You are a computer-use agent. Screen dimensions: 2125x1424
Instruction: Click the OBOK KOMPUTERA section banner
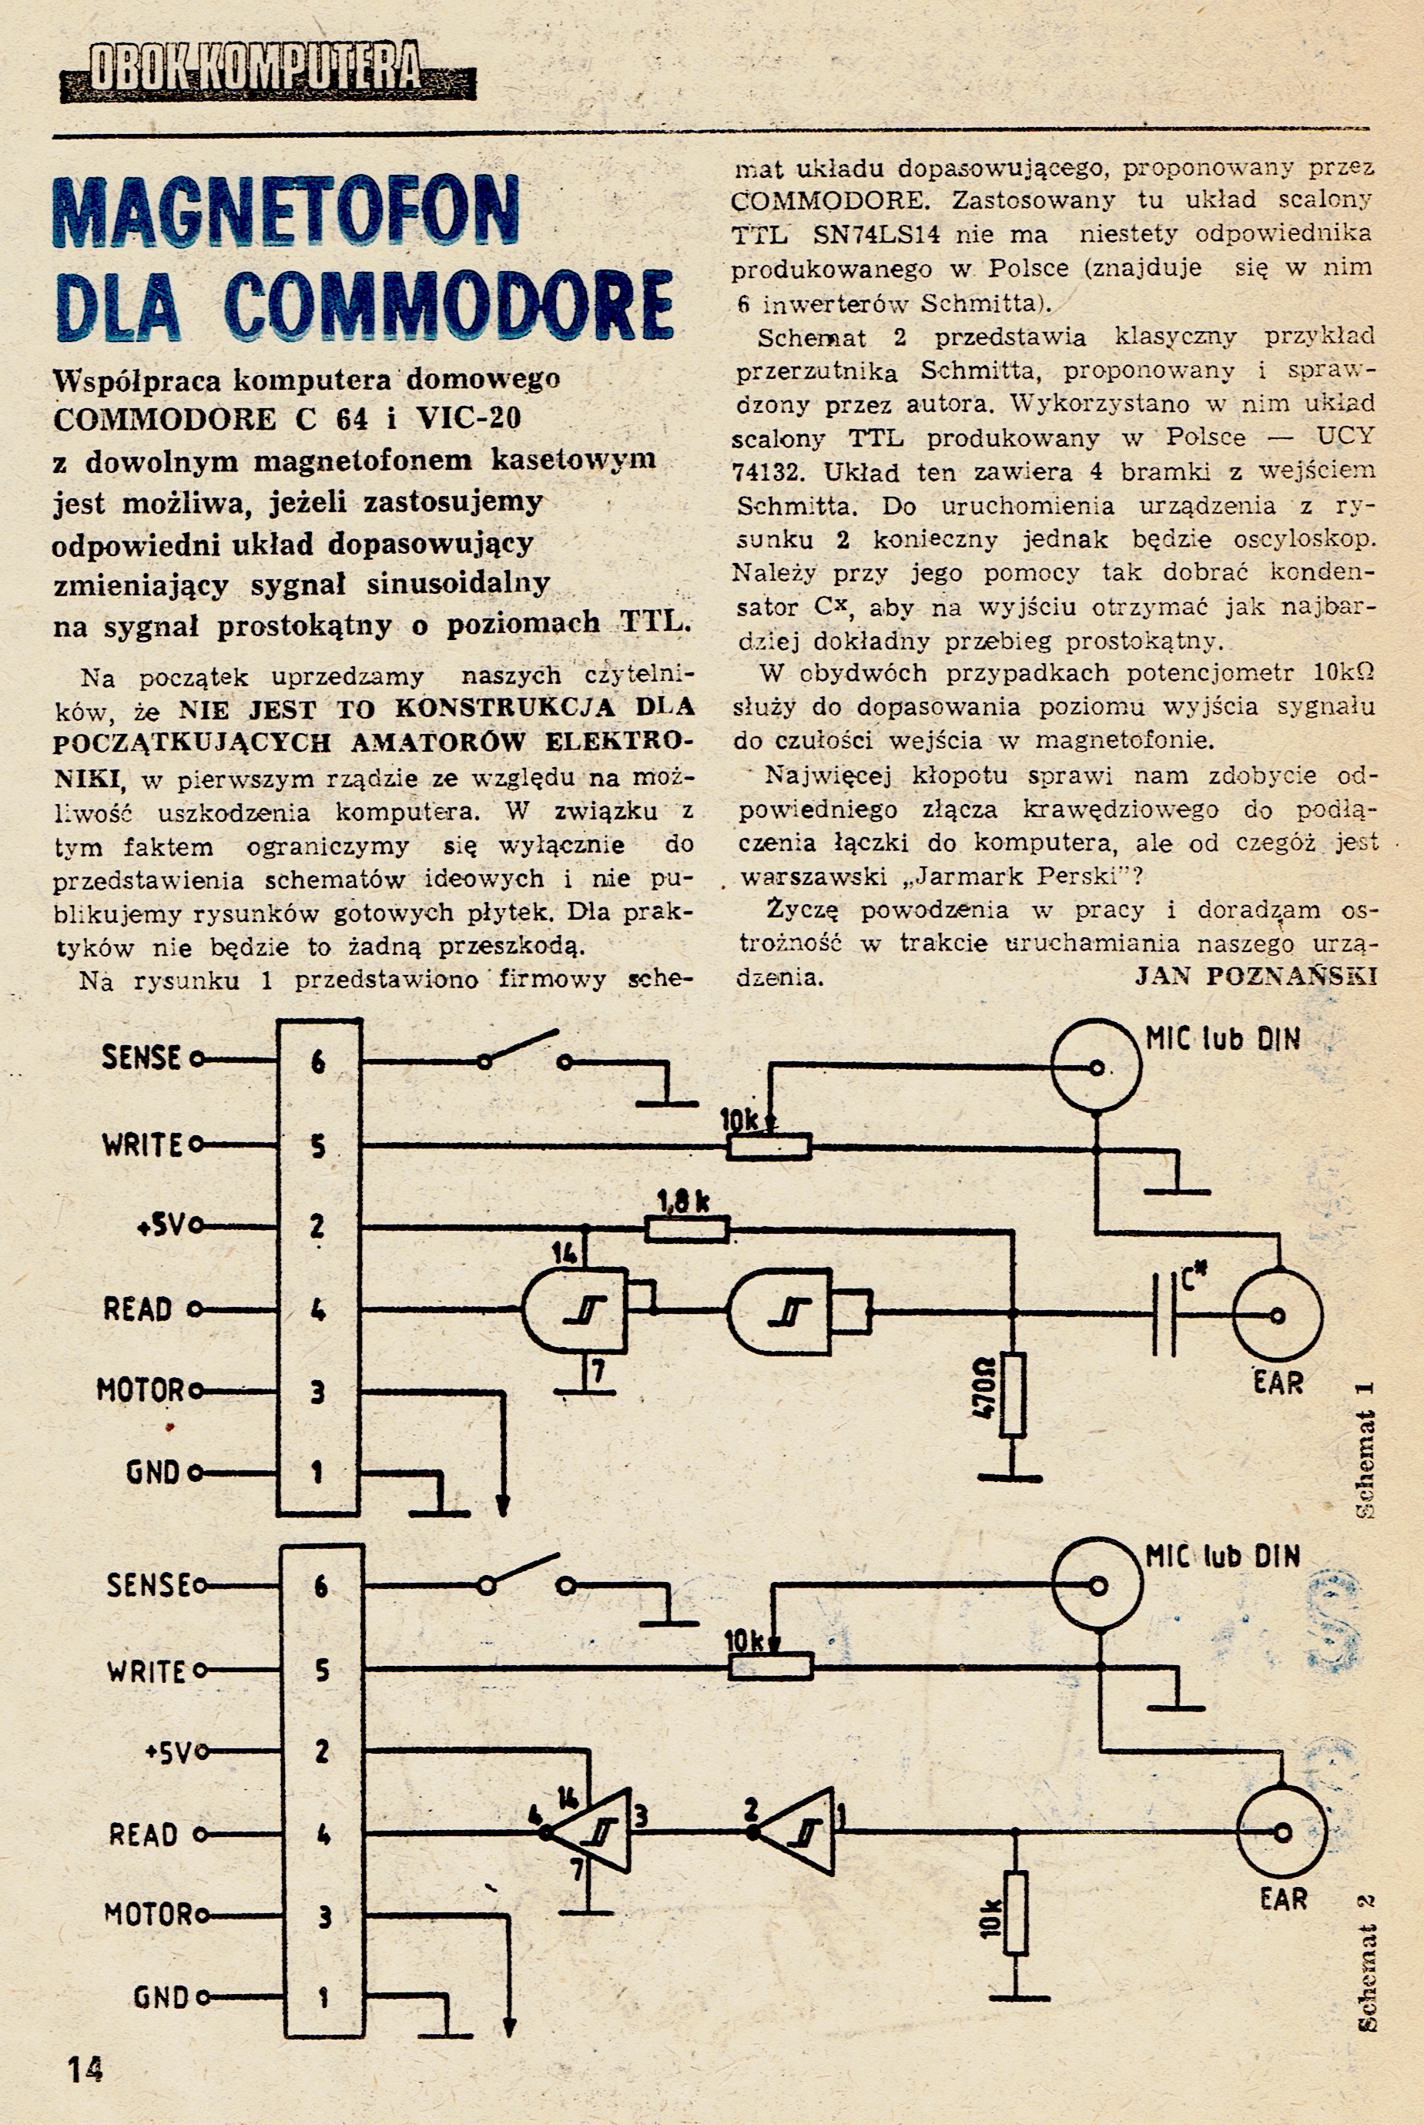pos(268,70)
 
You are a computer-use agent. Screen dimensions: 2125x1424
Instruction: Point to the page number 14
pos(85,2069)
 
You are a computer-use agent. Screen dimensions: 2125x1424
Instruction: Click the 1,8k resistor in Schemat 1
pos(686,1228)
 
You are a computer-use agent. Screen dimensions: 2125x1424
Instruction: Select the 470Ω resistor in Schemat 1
pos(1013,1394)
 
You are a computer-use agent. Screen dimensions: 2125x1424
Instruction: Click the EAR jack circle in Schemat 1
pos(1277,1314)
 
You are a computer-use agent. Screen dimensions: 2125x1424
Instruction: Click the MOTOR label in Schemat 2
pos(149,1914)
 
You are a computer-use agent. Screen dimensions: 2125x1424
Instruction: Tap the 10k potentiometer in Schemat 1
pos(769,1147)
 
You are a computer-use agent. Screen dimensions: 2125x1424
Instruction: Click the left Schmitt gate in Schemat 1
pos(575,1310)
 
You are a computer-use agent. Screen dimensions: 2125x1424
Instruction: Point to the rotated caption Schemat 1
pos(1364,1450)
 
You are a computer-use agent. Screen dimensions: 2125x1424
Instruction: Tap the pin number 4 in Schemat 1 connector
pos(318,1309)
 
